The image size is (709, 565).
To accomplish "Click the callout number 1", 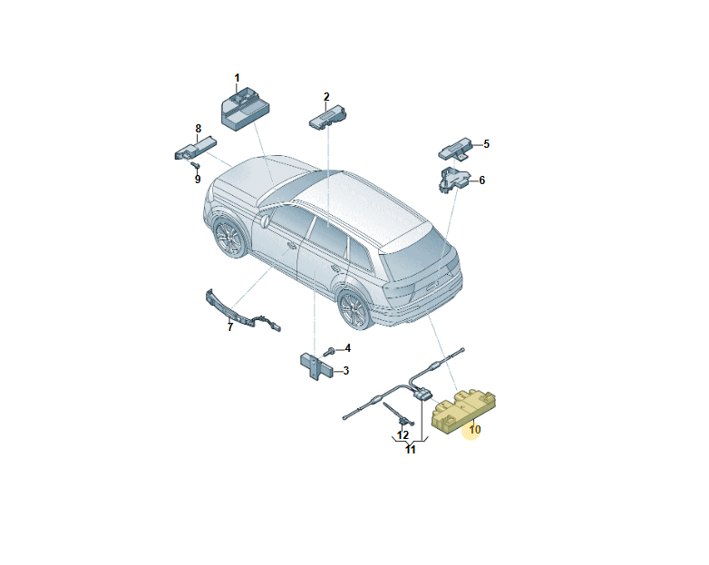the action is click(237, 78).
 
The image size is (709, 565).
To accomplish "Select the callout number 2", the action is click(326, 97).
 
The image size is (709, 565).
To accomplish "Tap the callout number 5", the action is click(486, 144).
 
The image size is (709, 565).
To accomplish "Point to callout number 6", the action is click(482, 180).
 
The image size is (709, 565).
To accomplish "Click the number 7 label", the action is click(230, 327).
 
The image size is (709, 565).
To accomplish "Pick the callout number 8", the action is click(198, 129).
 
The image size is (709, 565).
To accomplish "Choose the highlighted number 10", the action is click(474, 429).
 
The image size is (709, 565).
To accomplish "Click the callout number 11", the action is click(410, 450).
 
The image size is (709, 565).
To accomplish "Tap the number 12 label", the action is click(403, 435).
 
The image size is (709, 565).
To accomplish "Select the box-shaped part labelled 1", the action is click(244, 110).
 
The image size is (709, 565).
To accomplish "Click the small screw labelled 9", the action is click(196, 165).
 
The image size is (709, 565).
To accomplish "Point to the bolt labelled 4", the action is click(329, 352).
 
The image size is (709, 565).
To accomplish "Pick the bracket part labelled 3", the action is click(316, 367).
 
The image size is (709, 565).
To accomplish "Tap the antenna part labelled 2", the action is click(327, 116).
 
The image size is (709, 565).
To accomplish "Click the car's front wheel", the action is click(230, 238).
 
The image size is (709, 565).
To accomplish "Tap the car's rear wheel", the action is click(355, 309).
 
